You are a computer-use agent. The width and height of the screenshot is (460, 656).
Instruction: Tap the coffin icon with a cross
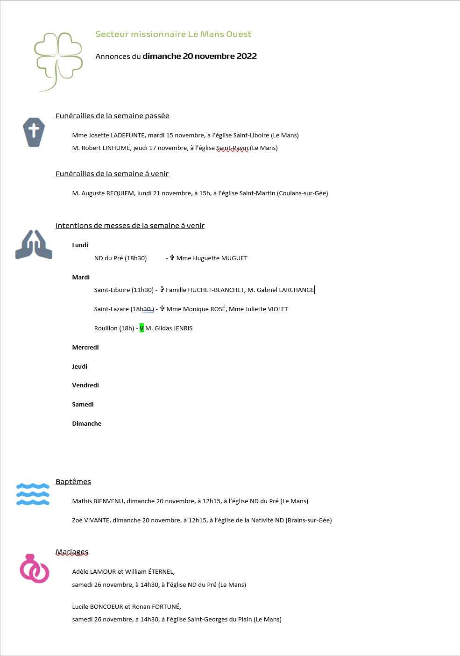pyautogui.click(x=34, y=132)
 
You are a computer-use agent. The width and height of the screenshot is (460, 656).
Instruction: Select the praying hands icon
pyautogui.click(x=34, y=245)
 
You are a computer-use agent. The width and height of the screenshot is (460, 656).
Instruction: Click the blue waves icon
pyautogui.click(x=33, y=494)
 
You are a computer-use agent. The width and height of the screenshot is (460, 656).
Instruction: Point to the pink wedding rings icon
pyautogui.click(x=34, y=569)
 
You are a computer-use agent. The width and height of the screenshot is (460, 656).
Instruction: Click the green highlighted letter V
pyautogui.click(x=142, y=328)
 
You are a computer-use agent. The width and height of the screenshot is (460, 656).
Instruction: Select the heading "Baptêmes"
pyautogui.click(x=73, y=482)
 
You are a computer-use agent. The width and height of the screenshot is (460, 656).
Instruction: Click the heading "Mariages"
pyautogui.click(x=72, y=552)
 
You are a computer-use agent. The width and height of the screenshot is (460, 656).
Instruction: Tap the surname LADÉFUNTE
pyautogui.click(x=127, y=135)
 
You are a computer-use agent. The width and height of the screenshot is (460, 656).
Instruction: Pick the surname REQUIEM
pyautogui.click(x=120, y=193)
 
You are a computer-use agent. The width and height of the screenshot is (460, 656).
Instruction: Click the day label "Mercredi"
pyautogui.click(x=85, y=347)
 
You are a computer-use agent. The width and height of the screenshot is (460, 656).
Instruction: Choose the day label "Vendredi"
pyautogui.click(x=85, y=385)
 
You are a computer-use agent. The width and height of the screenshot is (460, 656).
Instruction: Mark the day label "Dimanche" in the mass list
pyautogui.click(x=86, y=424)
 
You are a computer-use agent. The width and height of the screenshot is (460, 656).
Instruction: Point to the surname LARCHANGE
pyautogui.click(x=297, y=290)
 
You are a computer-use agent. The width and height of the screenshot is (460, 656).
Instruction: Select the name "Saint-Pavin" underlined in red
pyautogui.click(x=232, y=148)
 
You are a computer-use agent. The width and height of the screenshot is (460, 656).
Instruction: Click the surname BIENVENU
pyautogui.click(x=109, y=501)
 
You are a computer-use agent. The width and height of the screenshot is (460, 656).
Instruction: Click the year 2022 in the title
pyautogui.click(x=247, y=56)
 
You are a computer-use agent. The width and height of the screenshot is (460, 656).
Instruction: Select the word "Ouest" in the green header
pyautogui.click(x=239, y=34)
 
